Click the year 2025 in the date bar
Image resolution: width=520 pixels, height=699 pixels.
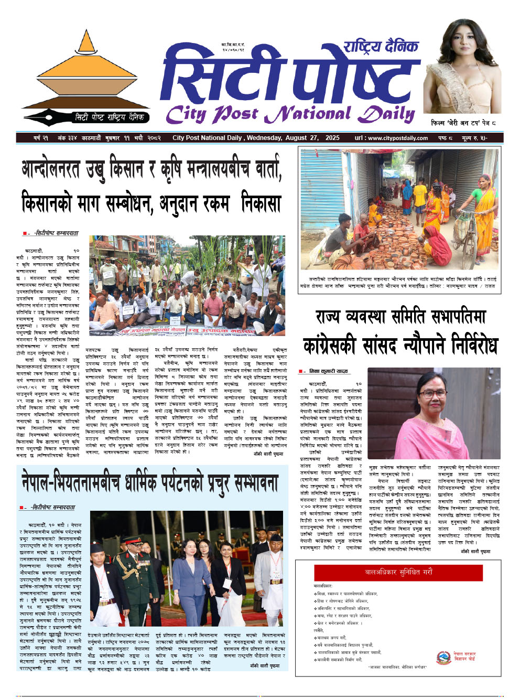pos(332,138)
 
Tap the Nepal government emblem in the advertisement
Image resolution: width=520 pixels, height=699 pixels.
pos(444,657)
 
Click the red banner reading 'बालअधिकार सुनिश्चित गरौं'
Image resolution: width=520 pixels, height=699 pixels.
pos(398,572)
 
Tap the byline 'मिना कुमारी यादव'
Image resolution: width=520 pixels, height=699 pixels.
pos(328,371)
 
